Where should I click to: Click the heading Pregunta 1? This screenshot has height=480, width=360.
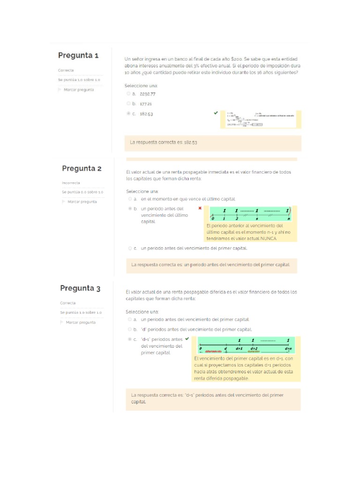(78, 55)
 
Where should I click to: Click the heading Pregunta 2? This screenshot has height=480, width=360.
(82, 168)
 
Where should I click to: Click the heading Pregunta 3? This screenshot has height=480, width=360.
(80, 288)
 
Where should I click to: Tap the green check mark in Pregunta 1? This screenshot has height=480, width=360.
(216, 113)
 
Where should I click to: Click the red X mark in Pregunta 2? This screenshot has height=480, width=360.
(200, 208)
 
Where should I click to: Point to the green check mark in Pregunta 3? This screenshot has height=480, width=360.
(187, 338)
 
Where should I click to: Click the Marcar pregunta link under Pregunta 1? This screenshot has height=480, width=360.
(78, 90)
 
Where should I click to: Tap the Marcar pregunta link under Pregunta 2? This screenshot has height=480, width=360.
(82, 202)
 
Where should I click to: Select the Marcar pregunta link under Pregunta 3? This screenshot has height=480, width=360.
(81, 322)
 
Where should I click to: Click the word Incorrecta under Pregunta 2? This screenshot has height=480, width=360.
(71, 183)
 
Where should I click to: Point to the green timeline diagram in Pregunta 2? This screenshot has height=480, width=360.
(251, 214)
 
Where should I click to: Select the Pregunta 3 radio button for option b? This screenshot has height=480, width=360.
(129, 329)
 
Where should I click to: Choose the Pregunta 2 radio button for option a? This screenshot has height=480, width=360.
(129, 199)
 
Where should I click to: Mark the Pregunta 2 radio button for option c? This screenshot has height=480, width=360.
(129, 248)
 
